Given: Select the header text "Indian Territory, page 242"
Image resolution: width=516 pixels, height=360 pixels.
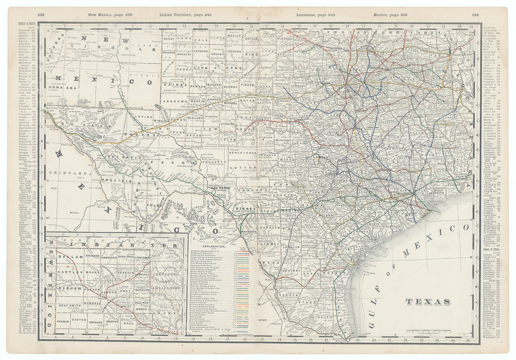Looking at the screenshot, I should pos(185,15).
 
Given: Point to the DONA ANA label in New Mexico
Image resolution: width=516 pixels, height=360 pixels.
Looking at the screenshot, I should pos(59,87).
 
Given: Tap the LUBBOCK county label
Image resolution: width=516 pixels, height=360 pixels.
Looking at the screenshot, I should pos(200,51).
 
